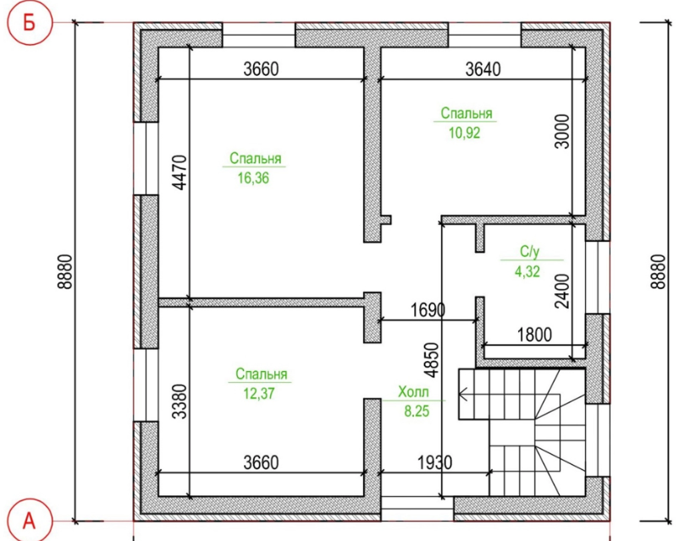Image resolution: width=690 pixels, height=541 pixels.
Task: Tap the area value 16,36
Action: [x=253, y=178]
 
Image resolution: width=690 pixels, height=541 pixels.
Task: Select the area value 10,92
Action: [x=464, y=132]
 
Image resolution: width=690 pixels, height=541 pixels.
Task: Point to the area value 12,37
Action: [x=259, y=393]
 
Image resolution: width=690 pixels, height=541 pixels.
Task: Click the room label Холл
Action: [x=413, y=391]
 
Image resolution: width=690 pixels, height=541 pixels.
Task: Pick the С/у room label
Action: [x=529, y=251]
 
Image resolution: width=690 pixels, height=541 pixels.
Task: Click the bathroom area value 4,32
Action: [x=527, y=271]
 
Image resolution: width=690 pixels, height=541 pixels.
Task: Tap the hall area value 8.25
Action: [x=417, y=412]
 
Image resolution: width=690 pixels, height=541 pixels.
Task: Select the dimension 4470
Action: [x=179, y=172]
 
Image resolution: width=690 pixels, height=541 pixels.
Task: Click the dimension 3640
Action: [x=483, y=69]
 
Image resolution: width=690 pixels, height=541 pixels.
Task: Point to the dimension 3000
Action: [x=562, y=131]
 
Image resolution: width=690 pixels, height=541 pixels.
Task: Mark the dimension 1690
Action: [x=428, y=310]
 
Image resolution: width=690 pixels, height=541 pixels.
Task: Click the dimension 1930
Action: [x=434, y=462]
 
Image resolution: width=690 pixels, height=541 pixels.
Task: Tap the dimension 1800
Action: [x=534, y=335]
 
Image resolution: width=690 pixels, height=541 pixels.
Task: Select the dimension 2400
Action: [x=562, y=291]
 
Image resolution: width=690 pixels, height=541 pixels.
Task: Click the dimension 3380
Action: [x=179, y=402]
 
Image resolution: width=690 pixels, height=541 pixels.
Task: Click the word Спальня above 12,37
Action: [x=262, y=374]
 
